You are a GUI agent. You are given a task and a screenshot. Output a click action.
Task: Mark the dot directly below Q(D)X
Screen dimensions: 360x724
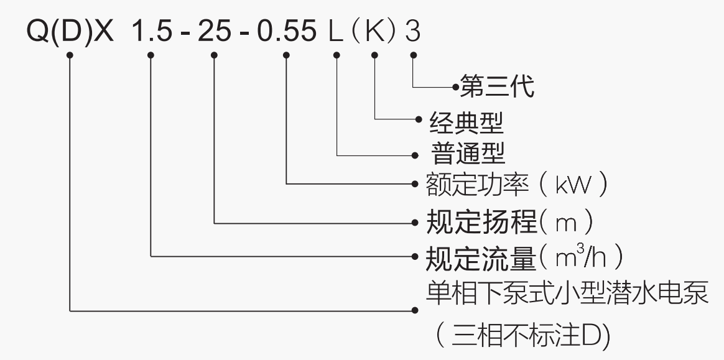pyautogui.click(x=70, y=55)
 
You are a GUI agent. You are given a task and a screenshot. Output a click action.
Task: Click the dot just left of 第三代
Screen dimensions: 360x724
pyautogui.click(x=456, y=86)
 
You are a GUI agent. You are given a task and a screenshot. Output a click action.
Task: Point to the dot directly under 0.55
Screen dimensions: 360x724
pyautogui.click(x=286, y=55)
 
